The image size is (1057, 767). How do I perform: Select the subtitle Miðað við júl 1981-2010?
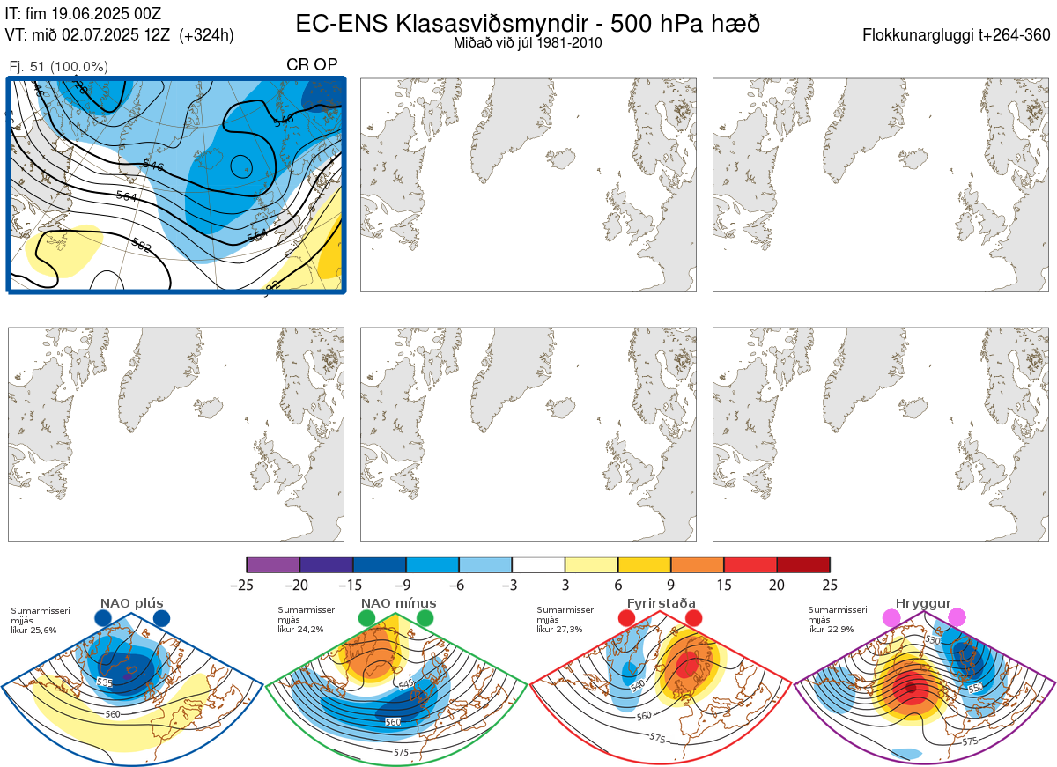528,42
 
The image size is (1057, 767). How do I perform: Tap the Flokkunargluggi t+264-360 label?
958,35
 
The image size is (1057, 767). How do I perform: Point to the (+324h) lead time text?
206,35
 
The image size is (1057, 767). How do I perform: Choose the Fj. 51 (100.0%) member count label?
58,66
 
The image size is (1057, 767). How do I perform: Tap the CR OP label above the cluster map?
312,64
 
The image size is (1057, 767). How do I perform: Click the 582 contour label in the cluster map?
141,245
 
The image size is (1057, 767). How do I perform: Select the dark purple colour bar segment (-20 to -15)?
326,564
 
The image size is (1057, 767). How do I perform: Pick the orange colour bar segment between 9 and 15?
697,564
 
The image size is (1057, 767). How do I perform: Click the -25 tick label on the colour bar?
247,585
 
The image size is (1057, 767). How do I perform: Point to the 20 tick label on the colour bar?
776,585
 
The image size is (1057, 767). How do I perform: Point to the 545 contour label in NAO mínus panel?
406,683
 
